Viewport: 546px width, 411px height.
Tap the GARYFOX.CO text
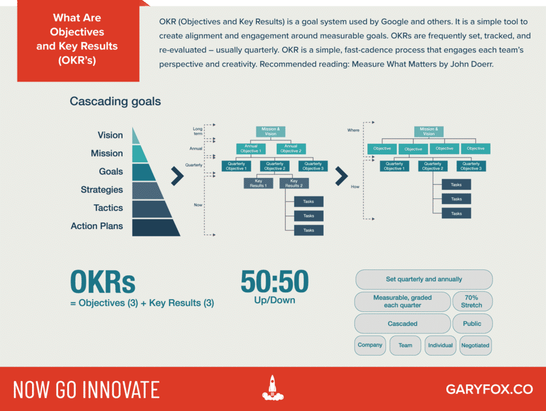point(489,389)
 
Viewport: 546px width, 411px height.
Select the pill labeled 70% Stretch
point(472,301)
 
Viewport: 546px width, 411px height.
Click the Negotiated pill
point(475,346)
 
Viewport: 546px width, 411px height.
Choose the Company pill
point(370,345)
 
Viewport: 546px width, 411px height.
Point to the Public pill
point(472,323)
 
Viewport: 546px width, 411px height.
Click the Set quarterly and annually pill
point(424,279)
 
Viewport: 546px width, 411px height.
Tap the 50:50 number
point(275,281)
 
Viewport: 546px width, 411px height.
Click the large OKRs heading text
point(103,282)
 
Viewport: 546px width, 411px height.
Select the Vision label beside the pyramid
point(110,135)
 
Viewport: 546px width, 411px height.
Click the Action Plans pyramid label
point(97,226)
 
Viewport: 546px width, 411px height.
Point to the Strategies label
point(102,190)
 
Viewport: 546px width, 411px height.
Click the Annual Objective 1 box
point(251,149)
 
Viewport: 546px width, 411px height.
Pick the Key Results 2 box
point(294,183)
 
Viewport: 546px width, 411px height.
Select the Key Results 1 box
point(258,183)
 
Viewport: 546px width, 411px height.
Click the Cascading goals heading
point(115,101)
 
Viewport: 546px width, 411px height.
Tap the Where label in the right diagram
point(353,130)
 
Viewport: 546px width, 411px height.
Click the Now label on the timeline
point(198,205)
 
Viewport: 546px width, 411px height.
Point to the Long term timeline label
point(198,131)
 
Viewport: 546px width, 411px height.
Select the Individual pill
point(440,346)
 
